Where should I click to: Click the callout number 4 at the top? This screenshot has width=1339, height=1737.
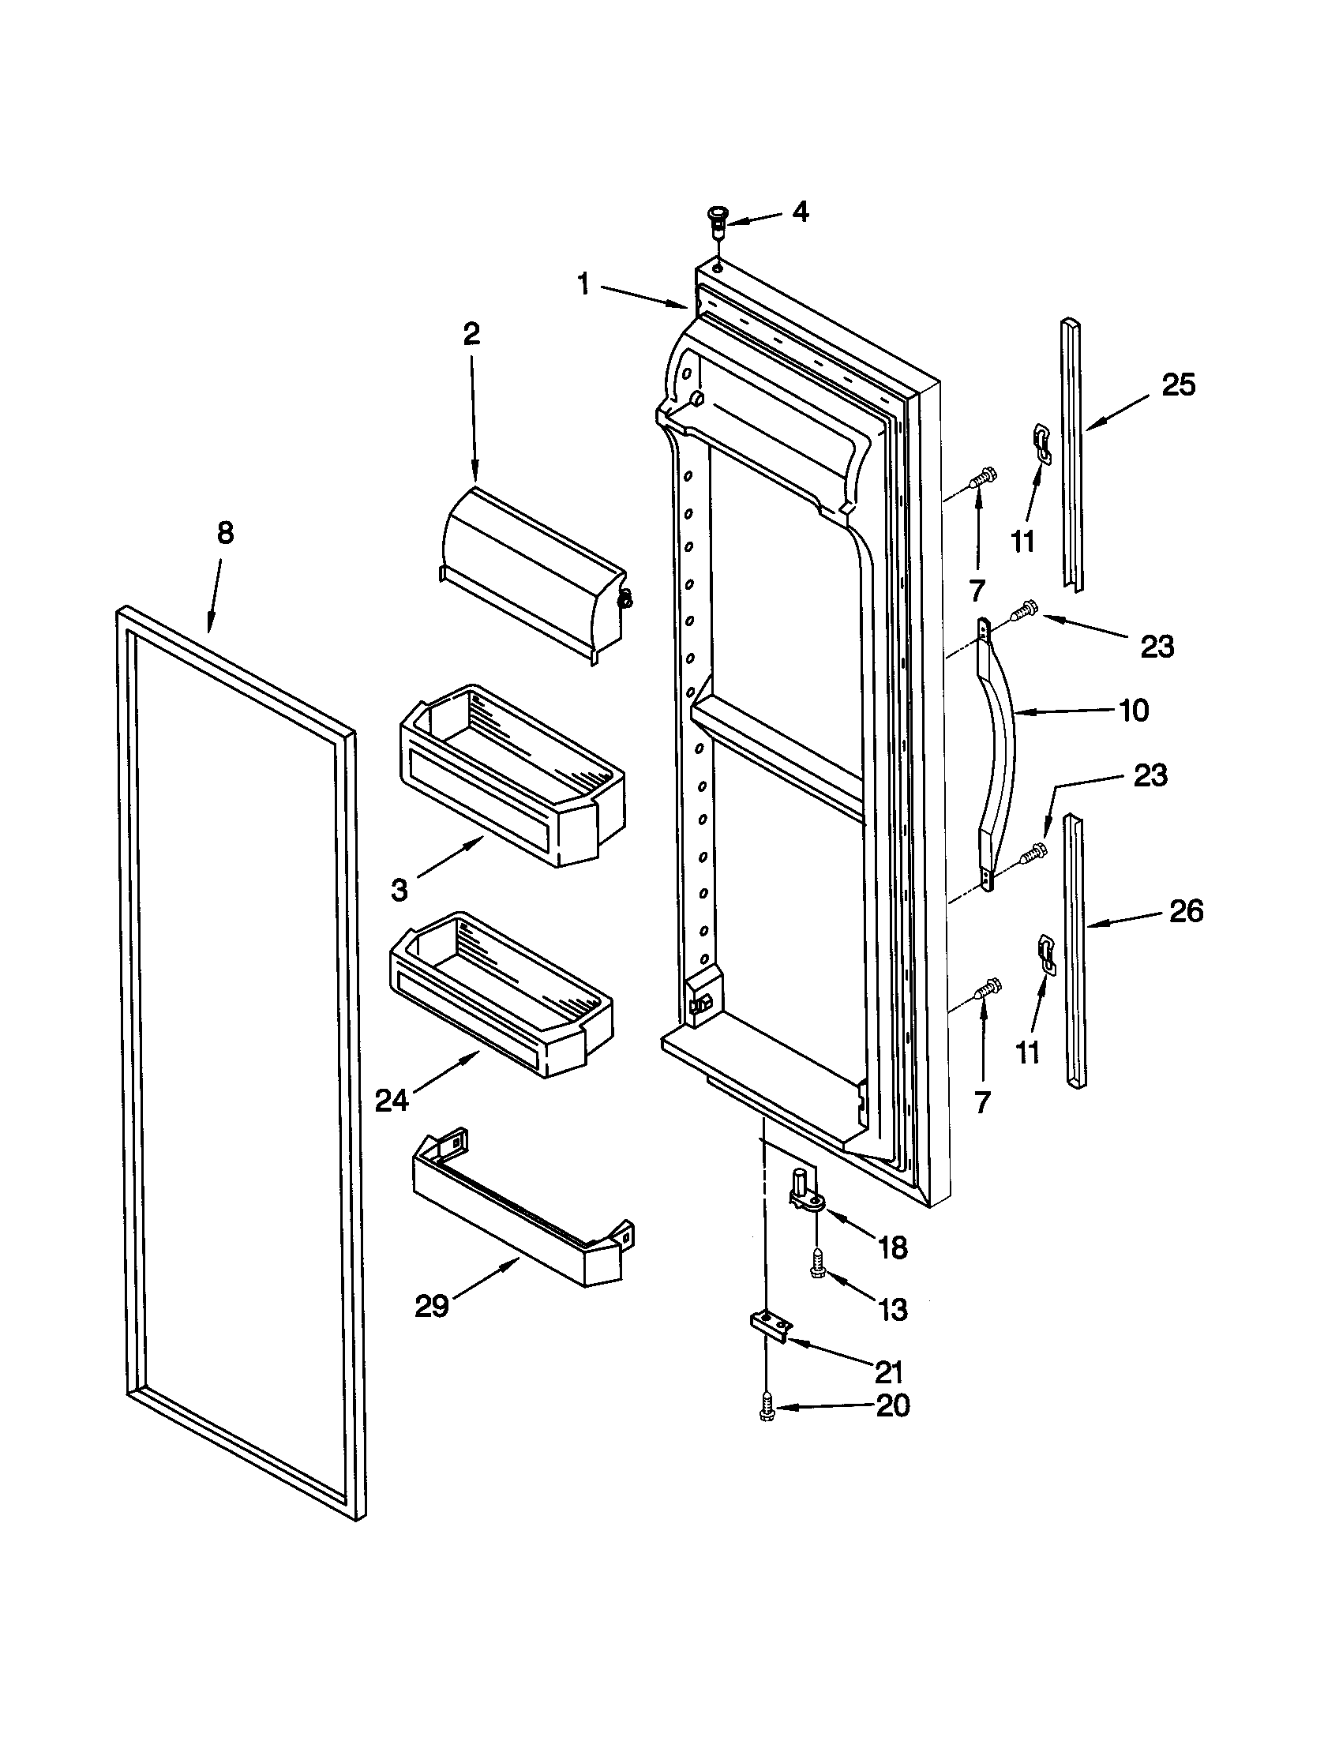pyautogui.click(x=800, y=212)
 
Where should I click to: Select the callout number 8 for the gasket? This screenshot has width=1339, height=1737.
pyautogui.click(x=225, y=533)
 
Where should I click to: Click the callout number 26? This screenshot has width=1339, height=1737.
pyautogui.click(x=1186, y=910)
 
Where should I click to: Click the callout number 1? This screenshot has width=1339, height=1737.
pyautogui.click(x=584, y=284)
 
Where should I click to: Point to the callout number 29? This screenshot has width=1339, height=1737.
pyautogui.click(x=432, y=1306)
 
